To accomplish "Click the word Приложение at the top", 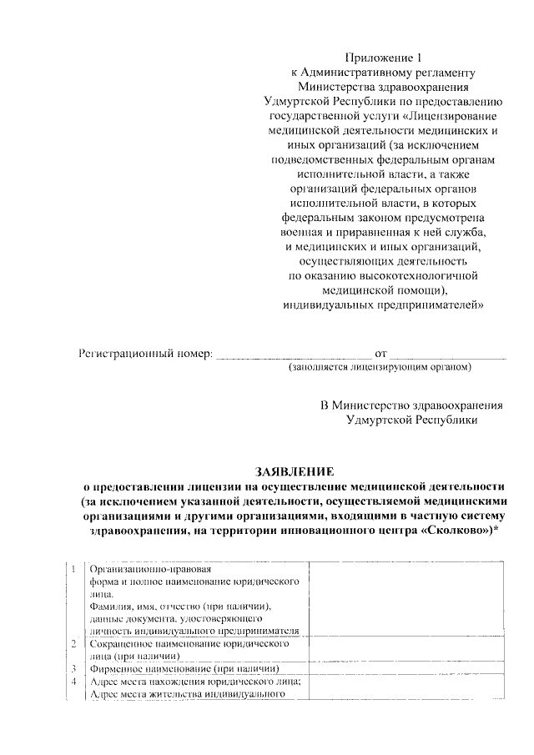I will point(370,58).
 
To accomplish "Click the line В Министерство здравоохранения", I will point(412,405).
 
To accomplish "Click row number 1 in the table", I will point(75,569).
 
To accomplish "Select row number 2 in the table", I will point(75,644).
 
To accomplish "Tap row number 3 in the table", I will point(75,668).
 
